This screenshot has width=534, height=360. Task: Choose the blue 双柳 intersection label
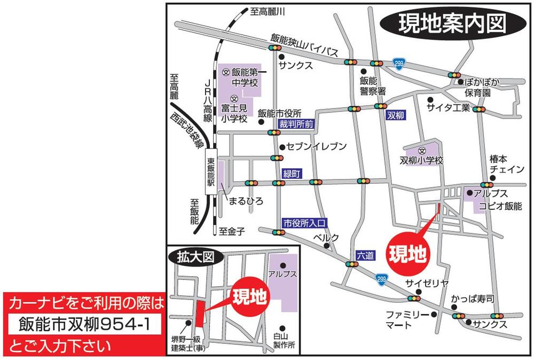click(x=395, y=115)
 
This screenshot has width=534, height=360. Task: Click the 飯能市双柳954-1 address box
click(x=83, y=324)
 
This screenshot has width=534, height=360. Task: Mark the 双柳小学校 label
click(x=422, y=160)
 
